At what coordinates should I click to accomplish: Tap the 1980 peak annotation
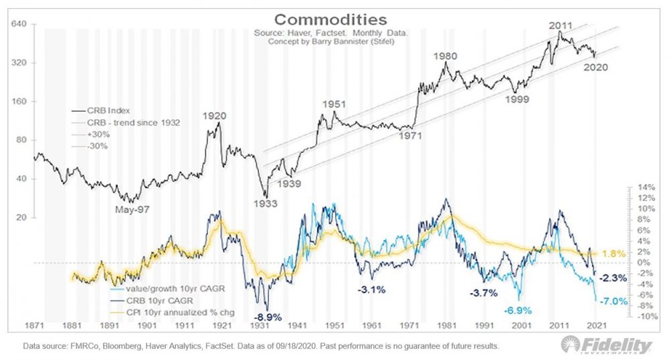point(445,56)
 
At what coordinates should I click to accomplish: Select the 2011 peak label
point(561,26)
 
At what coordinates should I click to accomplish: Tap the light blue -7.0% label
point(613,301)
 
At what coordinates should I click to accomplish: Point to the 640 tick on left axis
point(17,25)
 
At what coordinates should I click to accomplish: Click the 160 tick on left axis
point(17,102)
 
